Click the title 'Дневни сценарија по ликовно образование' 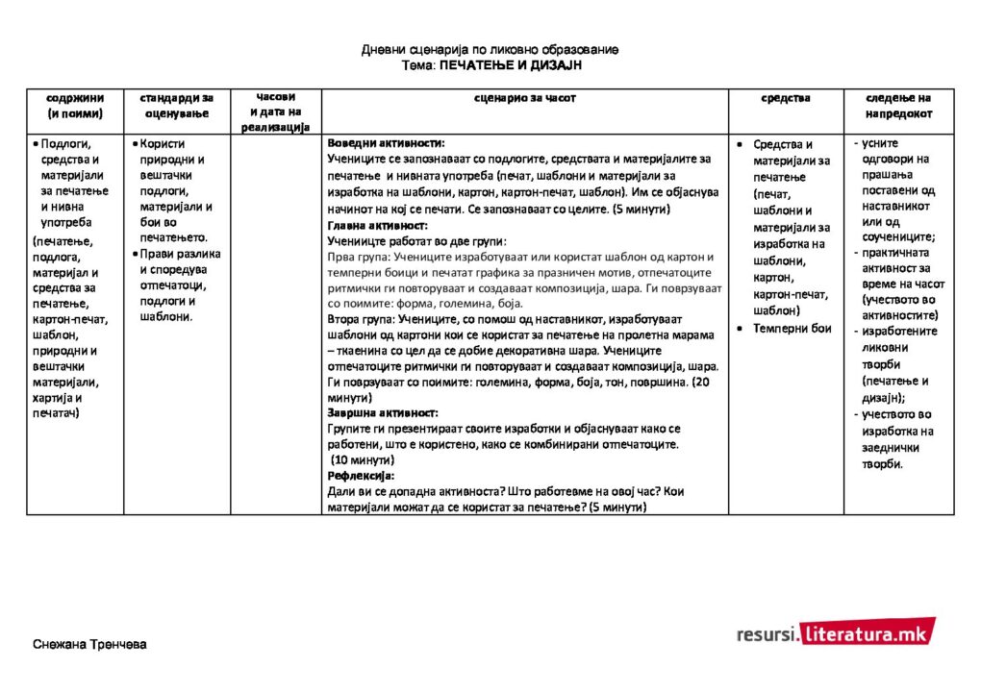pos(490,49)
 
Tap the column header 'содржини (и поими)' pos(75,106)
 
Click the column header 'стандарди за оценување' pos(177,106)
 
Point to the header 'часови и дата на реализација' pos(275,111)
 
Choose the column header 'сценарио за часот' pos(525,98)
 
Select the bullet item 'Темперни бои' pos(792,329)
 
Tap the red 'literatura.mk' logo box pos(867,632)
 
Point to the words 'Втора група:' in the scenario pos(358,319)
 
